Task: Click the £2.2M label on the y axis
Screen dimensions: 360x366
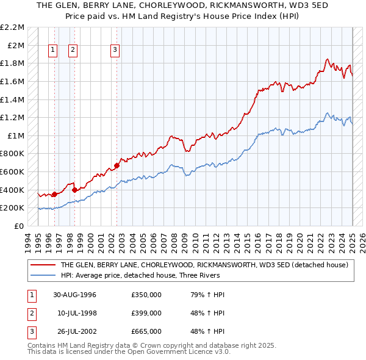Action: point(13,27)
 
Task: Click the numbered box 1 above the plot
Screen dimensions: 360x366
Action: point(52,51)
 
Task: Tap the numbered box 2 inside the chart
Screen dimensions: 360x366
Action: point(73,51)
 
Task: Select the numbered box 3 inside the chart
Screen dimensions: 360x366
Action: point(115,51)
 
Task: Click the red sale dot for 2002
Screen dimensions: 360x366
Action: point(117,165)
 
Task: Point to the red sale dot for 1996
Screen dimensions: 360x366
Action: point(54,194)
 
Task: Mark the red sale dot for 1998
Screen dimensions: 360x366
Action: point(74,190)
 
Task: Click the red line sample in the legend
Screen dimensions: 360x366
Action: point(43,265)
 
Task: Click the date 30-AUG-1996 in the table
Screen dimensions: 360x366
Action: point(75,295)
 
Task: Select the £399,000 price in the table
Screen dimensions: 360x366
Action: point(146,313)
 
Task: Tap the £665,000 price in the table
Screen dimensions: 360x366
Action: point(146,331)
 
